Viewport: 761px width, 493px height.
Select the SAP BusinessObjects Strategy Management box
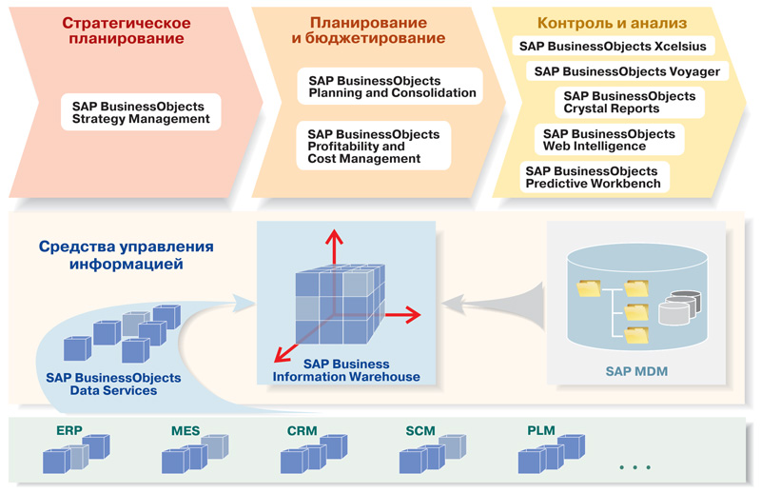point(141,112)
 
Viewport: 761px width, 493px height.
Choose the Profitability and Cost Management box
point(374,147)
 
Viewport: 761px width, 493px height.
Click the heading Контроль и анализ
point(612,23)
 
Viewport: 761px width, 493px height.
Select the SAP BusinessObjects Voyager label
point(627,71)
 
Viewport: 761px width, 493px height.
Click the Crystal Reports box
point(629,103)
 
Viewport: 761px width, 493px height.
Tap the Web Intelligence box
point(608,140)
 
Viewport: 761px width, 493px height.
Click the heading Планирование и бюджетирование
point(367,30)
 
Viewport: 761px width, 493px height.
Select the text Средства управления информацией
point(127,254)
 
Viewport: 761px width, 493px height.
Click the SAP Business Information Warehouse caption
point(346,370)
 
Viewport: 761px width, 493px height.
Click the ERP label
point(69,431)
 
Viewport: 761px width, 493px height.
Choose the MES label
point(185,431)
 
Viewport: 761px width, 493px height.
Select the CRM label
point(302,431)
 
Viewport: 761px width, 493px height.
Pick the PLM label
point(540,431)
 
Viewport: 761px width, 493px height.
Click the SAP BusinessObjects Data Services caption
point(102,384)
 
